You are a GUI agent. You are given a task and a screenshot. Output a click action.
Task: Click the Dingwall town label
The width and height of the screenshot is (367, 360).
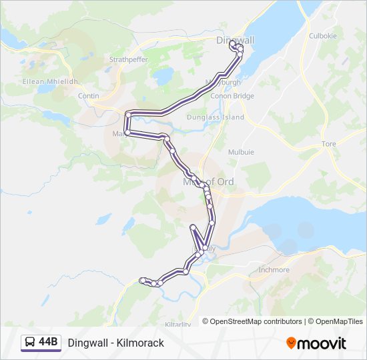point(236,40)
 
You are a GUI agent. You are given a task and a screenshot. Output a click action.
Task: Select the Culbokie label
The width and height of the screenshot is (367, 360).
point(322,36)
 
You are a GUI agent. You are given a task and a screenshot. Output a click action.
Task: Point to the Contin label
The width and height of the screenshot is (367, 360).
point(88,96)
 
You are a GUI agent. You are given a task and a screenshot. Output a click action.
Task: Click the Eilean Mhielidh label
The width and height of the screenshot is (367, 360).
point(51,81)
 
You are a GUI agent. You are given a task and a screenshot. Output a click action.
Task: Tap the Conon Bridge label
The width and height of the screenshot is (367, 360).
point(232,96)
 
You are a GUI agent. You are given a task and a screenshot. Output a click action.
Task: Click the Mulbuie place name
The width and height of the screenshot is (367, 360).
point(241,152)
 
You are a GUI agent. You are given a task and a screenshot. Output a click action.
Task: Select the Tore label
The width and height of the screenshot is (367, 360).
point(329,144)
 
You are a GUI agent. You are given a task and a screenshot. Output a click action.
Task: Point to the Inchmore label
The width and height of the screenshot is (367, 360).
point(274,270)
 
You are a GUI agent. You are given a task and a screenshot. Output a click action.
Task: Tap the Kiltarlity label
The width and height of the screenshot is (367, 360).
point(177,325)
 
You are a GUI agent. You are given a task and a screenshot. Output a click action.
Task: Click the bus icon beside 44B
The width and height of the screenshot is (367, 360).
point(30,343)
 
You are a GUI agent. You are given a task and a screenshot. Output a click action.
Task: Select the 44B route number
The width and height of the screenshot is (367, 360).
point(48,343)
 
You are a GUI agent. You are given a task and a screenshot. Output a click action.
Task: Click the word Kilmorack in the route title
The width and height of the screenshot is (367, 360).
point(139,343)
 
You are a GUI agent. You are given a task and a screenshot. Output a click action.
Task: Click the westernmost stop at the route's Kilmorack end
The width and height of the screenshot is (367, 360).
point(141,280)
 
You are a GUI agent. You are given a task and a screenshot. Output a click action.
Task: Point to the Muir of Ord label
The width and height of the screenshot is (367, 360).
point(208,181)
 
